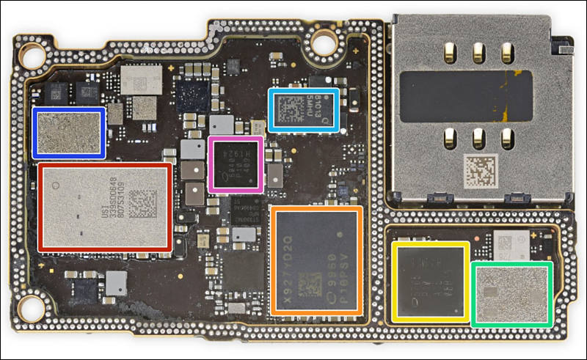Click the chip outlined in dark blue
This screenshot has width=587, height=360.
coord(69,132)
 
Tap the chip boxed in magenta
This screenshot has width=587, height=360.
coord(236,164)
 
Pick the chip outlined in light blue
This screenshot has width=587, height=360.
coord(304,110)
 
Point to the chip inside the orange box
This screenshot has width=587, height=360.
coord(316,260)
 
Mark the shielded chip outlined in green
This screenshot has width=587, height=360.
coord(511,293)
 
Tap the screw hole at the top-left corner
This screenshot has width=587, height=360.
coord(32,54)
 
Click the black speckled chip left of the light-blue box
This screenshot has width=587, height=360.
coord(194,95)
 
